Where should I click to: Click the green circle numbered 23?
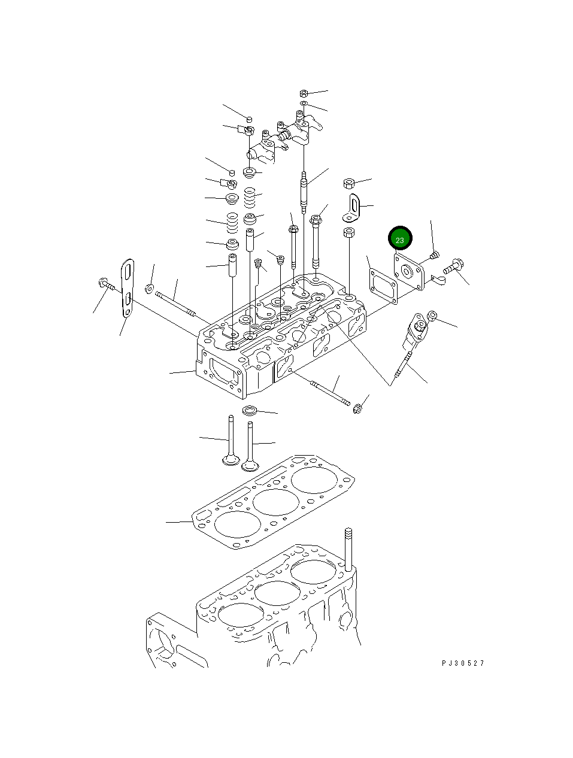400,239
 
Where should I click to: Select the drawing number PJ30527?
463,663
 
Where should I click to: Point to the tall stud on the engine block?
348,547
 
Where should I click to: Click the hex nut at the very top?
303,93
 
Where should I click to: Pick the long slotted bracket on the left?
127,288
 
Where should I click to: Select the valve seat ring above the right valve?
250,411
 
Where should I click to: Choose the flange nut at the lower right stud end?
358,410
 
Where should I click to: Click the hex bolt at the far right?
454,264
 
